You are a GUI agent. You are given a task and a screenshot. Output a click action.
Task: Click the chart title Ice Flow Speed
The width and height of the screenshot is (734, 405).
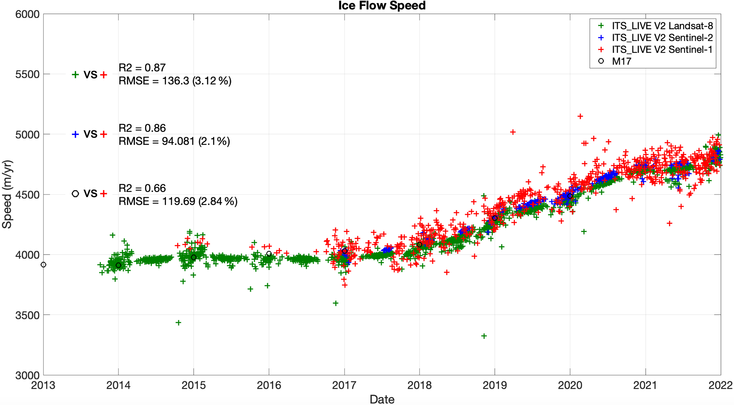[382, 6]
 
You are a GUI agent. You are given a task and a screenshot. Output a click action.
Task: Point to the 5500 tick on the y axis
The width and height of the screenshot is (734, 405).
[27, 74]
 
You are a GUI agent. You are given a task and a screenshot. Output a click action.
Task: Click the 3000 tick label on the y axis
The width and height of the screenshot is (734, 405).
[27, 375]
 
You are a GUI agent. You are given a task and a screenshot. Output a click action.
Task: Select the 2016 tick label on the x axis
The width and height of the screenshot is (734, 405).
[269, 385]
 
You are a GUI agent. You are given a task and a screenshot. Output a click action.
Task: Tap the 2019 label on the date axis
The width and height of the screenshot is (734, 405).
[495, 385]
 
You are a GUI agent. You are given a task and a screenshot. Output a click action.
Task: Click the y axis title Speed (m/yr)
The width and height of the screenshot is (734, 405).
[7, 194]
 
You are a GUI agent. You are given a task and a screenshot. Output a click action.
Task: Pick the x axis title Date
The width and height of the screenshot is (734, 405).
[382, 399]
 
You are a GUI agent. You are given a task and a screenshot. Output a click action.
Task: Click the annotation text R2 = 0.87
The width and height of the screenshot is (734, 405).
[142, 68]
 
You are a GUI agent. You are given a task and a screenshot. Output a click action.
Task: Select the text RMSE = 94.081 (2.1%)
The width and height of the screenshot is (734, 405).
[174, 141]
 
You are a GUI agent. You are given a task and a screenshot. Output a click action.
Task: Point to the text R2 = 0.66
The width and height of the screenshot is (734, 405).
[142, 188]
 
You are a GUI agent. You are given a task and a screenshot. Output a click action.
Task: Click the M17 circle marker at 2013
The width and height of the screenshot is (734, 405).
[43, 265]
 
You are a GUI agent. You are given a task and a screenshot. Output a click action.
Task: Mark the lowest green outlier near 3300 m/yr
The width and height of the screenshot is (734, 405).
[484, 336]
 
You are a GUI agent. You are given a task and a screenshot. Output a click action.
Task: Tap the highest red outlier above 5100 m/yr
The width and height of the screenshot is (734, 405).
[580, 116]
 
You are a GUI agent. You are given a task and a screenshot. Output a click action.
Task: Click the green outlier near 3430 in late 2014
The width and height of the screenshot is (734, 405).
[178, 323]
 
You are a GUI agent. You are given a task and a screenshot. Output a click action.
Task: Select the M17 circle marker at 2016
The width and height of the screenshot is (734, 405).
[269, 254]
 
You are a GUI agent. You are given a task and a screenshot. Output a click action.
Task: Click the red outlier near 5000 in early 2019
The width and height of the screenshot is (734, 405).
[513, 132]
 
